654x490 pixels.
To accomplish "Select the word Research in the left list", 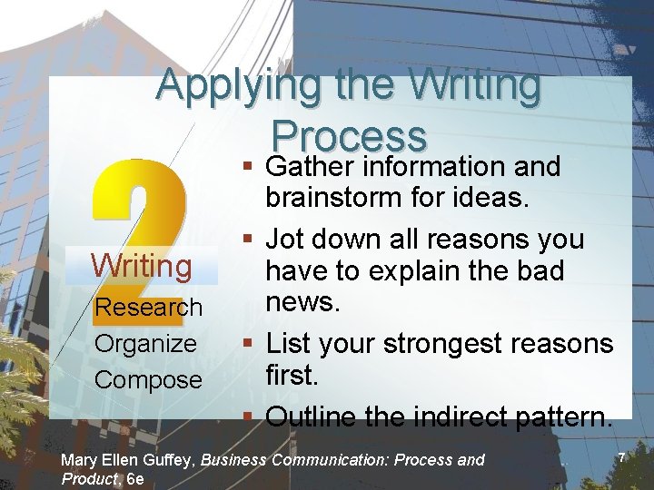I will [149, 308].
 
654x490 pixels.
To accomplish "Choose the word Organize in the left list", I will [145, 344].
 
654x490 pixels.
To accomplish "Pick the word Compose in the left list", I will [148, 379].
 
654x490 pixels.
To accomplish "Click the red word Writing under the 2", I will [141, 266].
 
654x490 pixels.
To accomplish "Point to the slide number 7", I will [622, 459].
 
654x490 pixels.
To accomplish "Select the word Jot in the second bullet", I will [284, 240].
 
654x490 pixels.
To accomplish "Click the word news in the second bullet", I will [302, 301].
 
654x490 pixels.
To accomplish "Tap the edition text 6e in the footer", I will [134, 478].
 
